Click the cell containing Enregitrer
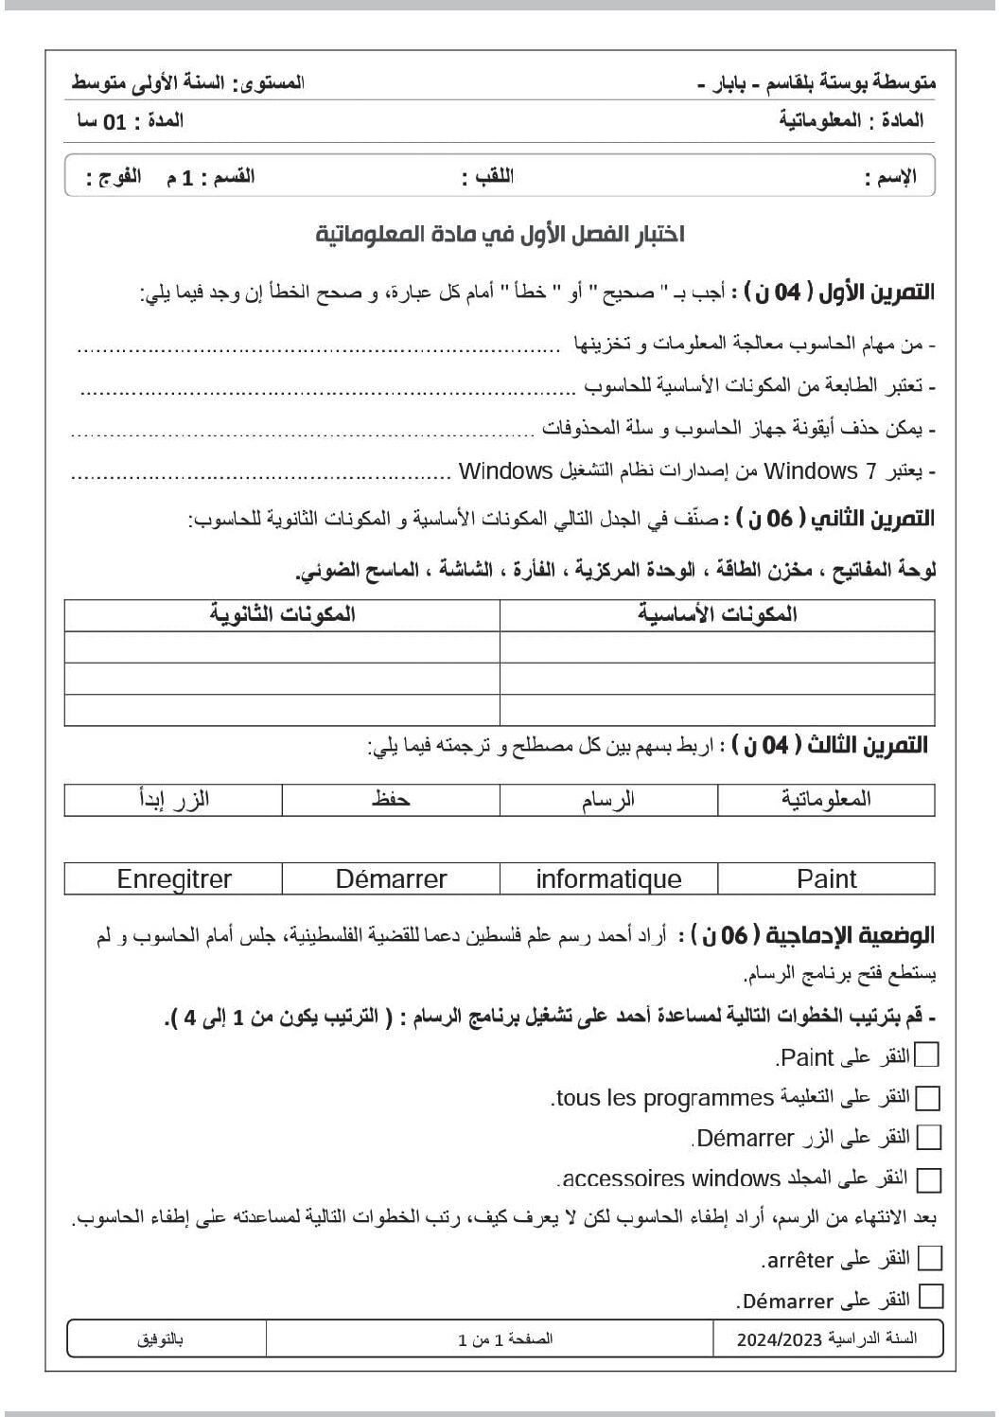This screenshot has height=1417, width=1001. [x=173, y=878]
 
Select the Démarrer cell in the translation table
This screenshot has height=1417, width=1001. [x=391, y=878]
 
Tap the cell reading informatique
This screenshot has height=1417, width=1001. [x=608, y=878]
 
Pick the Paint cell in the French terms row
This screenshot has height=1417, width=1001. [x=826, y=878]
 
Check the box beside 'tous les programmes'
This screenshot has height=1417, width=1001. [x=928, y=1098]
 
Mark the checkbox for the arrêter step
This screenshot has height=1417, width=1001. [x=930, y=1258]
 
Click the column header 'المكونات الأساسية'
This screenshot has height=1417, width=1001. [x=717, y=614]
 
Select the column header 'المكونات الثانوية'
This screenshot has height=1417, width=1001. [x=282, y=614]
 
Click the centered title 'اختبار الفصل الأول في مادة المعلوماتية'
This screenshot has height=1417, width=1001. [x=500, y=234]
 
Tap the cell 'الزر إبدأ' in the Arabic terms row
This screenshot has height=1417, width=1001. [x=173, y=799]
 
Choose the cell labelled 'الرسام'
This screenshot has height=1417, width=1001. [x=608, y=799]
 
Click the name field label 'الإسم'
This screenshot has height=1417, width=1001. [x=890, y=177]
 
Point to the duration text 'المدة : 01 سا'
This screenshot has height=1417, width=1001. [x=130, y=121]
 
